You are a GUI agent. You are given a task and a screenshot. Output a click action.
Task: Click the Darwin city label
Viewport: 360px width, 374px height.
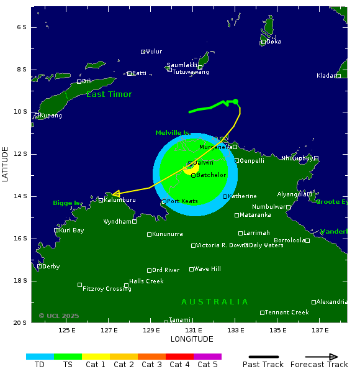point(204,163)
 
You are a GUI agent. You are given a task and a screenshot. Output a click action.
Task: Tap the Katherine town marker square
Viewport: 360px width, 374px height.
point(225,196)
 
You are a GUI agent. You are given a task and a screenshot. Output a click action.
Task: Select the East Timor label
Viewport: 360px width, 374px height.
point(109,94)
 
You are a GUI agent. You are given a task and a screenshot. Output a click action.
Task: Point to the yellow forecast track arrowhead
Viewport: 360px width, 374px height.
point(116,194)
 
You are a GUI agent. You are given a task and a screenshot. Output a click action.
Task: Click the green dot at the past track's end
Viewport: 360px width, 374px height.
point(235,101)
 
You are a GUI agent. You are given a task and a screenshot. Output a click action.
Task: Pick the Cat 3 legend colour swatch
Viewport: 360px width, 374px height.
point(151,357)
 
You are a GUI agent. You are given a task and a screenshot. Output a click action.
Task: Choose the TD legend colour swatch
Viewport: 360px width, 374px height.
point(40,357)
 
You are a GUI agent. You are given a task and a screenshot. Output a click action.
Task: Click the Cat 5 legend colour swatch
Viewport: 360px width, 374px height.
point(207,357)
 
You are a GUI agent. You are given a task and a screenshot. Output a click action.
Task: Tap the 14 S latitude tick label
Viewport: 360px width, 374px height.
point(21,196)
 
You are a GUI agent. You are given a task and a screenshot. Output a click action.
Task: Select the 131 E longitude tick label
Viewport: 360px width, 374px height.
point(193,330)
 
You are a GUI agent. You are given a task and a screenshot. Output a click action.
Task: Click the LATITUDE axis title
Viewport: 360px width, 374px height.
point(6,164)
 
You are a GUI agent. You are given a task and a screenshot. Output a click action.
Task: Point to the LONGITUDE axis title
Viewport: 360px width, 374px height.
point(192,339)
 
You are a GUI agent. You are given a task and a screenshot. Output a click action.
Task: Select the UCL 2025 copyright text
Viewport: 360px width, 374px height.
point(59,316)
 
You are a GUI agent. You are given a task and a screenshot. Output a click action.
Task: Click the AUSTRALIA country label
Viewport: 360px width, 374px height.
point(215,302)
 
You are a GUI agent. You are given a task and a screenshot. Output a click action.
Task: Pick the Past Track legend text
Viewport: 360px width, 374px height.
point(263,365)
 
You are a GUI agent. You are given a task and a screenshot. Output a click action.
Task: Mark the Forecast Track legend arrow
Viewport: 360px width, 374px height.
point(322,357)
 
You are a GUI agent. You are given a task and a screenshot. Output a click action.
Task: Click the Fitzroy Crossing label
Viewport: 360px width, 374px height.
point(107,289)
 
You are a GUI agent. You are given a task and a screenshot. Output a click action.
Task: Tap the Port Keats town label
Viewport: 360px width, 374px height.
point(182,201)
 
